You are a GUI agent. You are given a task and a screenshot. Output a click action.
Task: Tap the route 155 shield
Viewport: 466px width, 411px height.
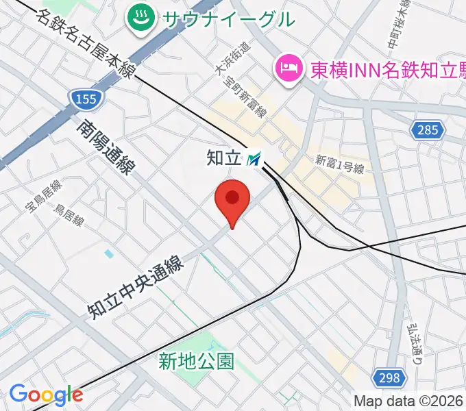(x=86, y=99)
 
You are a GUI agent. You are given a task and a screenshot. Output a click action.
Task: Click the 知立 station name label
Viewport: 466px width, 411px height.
(x=224, y=158)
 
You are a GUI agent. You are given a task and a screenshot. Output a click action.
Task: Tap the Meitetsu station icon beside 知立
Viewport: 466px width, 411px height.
(x=254, y=160)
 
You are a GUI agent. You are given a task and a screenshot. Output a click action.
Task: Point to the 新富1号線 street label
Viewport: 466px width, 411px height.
(x=339, y=164)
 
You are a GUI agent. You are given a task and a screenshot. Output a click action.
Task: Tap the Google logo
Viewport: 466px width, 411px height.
(x=46, y=395)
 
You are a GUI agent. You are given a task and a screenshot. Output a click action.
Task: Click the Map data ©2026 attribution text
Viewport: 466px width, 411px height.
(x=408, y=401)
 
